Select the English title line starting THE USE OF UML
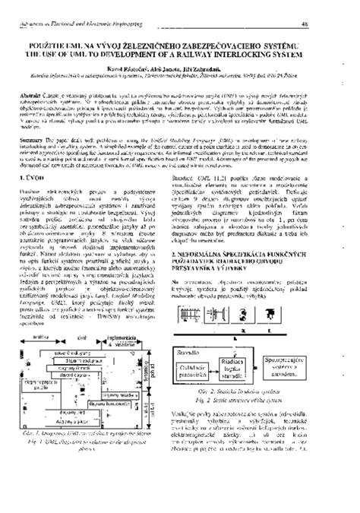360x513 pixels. point(180,53)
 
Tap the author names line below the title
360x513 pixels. point(179,65)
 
